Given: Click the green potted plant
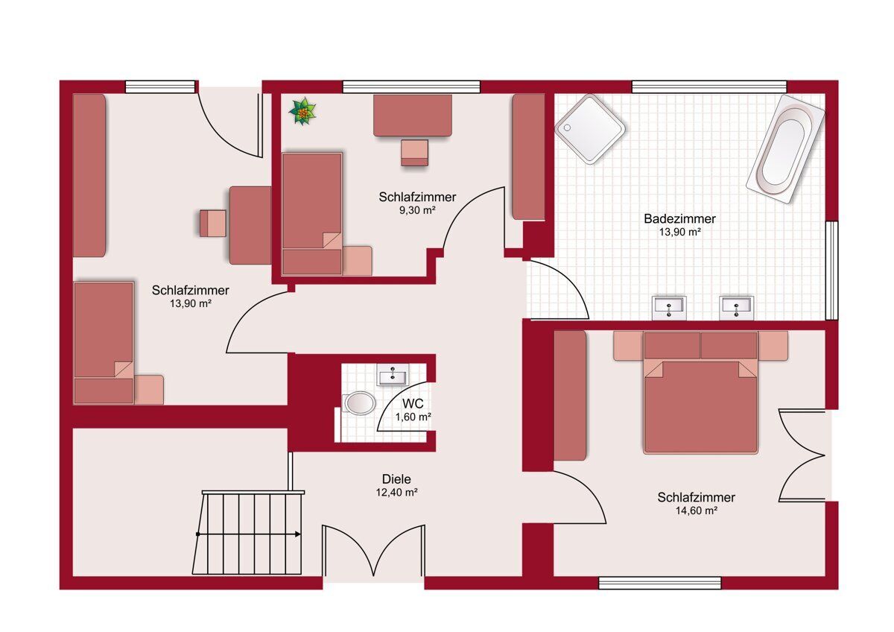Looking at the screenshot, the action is pos(303,111).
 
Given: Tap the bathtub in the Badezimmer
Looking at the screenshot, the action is pos(785,150).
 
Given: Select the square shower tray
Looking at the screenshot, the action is pos(589,129).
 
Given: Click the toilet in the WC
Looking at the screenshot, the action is pos(358,403).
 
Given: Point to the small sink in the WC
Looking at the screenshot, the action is pos(393,374).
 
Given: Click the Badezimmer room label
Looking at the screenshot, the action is pos(679,219).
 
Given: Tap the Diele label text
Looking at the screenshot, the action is pos(396,479).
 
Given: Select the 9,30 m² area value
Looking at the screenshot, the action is pos(417,210).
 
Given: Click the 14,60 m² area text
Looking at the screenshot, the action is pos(697,511).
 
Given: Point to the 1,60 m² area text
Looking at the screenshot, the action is pos(413,417).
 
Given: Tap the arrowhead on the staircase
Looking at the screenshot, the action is pos(298,534).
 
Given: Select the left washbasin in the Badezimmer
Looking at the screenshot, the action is pos(669,308).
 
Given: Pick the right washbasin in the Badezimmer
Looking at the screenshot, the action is pos(736,308).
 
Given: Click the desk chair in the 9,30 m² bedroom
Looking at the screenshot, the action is pos(415,153).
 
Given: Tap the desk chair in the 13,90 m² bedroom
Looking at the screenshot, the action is pos(213,223).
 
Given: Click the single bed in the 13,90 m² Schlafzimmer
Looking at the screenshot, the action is pos(104,343).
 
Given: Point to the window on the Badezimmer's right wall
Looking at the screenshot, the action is pos(831,271).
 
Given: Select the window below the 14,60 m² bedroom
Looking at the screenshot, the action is pos(660,583).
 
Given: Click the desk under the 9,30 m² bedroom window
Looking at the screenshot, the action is pos(413,116).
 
